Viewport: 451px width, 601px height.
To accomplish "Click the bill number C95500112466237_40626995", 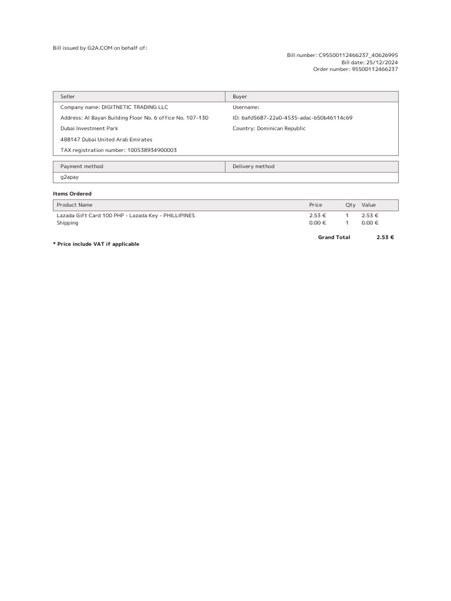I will click(x=358, y=55).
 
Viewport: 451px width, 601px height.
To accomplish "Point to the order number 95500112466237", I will click(x=375, y=69).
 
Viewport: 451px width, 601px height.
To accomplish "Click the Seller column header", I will click(x=68, y=96).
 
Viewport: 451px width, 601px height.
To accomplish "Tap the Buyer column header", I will click(x=240, y=96).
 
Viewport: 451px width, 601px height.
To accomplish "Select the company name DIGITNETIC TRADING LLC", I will click(x=134, y=107).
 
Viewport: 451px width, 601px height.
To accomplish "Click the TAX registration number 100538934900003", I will click(x=152, y=150).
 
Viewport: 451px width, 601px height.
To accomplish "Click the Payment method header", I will click(x=82, y=166).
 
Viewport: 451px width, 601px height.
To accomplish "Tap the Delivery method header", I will click(x=253, y=166).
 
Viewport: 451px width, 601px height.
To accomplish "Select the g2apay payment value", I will click(x=69, y=177).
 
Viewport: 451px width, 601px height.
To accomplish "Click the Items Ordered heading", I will click(x=72, y=194).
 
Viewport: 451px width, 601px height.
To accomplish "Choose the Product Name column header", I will click(x=74, y=205).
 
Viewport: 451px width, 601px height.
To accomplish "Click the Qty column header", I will click(x=351, y=205).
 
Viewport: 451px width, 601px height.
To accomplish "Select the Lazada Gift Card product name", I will click(x=126, y=215).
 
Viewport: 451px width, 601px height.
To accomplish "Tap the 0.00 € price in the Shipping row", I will click(x=317, y=223).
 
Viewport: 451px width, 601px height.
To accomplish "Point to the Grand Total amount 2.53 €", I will click(x=385, y=237).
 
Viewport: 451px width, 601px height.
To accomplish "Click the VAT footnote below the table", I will click(x=96, y=244).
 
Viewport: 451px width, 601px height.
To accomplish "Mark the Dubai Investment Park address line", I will click(x=89, y=129).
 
